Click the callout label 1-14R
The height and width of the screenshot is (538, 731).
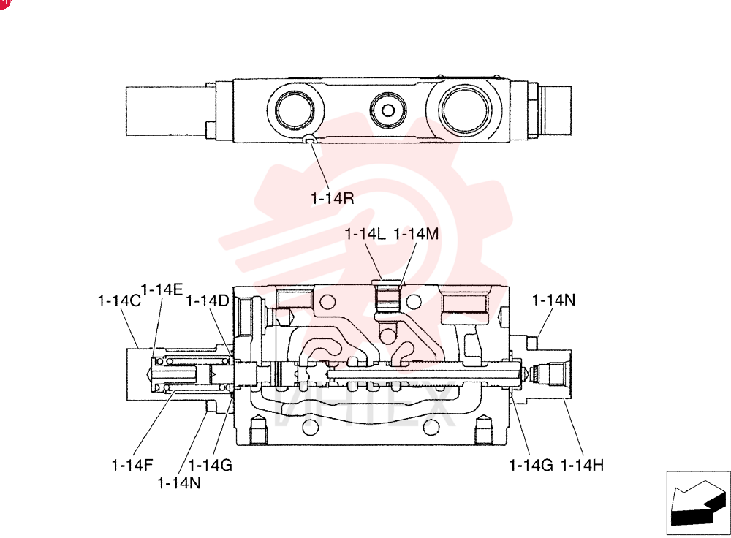pyautogui.click(x=333, y=198)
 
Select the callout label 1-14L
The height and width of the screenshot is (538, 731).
pyautogui.click(x=365, y=234)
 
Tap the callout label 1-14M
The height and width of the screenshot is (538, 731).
pyautogui.click(x=417, y=234)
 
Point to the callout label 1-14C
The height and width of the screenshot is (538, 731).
pyautogui.click(x=119, y=300)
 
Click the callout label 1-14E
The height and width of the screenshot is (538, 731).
pyautogui.click(x=162, y=289)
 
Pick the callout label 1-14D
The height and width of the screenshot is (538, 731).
pyautogui.click(x=208, y=300)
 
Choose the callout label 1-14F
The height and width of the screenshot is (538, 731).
pyautogui.click(x=132, y=465)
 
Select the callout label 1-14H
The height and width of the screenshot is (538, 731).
pyautogui.click(x=583, y=465)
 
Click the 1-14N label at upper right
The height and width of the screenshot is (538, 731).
pyautogui.click(x=554, y=300)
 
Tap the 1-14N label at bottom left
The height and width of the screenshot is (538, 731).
pyautogui.click(x=179, y=483)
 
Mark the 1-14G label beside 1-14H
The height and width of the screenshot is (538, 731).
pyautogui.click(x=531, y=465)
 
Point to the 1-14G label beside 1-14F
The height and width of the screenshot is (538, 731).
pyautogui.click(x=211, y=465)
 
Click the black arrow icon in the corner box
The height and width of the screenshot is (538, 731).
pyautogui.click(x=698, y=503)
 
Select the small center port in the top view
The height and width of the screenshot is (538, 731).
pyautogui.click(x=388, y=110)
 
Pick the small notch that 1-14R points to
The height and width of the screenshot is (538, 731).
pyautogui.click(x=309, y=138)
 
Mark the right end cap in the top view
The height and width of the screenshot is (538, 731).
pyautogui.click(x=555, y=111)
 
